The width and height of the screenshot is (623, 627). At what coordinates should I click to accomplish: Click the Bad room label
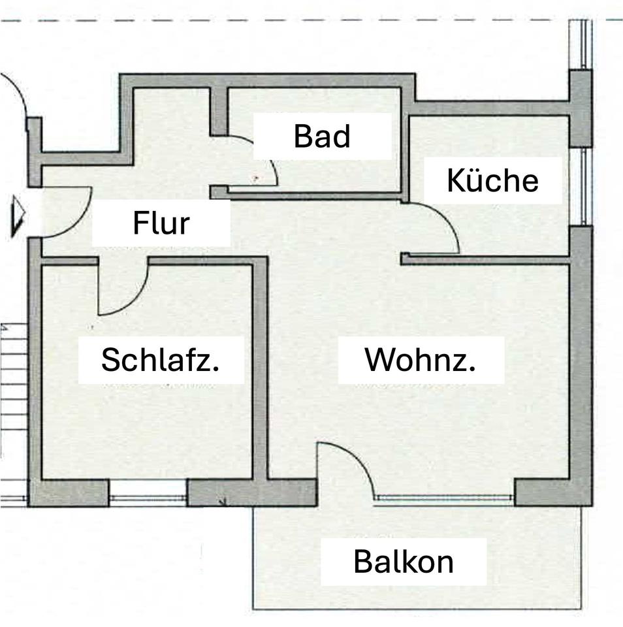click(x=322, y=136)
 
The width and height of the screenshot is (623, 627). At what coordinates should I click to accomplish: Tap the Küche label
click(x=493, y=180)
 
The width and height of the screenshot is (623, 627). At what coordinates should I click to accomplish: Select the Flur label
click(x=161, y=223)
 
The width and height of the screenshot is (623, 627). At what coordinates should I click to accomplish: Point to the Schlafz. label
click(x=161, y=360)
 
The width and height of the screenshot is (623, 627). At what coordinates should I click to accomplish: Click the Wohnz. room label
click(x=421, y=360)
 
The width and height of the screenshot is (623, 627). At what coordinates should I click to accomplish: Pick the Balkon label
click(x=404, y=562)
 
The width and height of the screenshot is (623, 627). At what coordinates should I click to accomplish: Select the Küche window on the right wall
click(x=578, y=186)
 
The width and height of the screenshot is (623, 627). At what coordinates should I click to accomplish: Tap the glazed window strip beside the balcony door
click(x=445, y=499)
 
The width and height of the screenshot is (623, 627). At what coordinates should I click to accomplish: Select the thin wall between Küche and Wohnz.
click(x=487, y=260)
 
